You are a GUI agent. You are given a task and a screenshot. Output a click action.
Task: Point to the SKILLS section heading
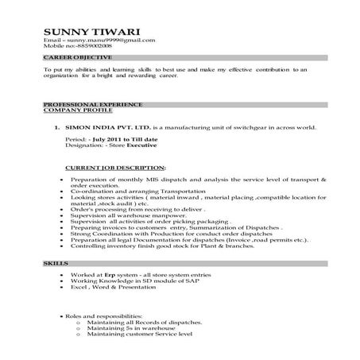click(56, 261)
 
